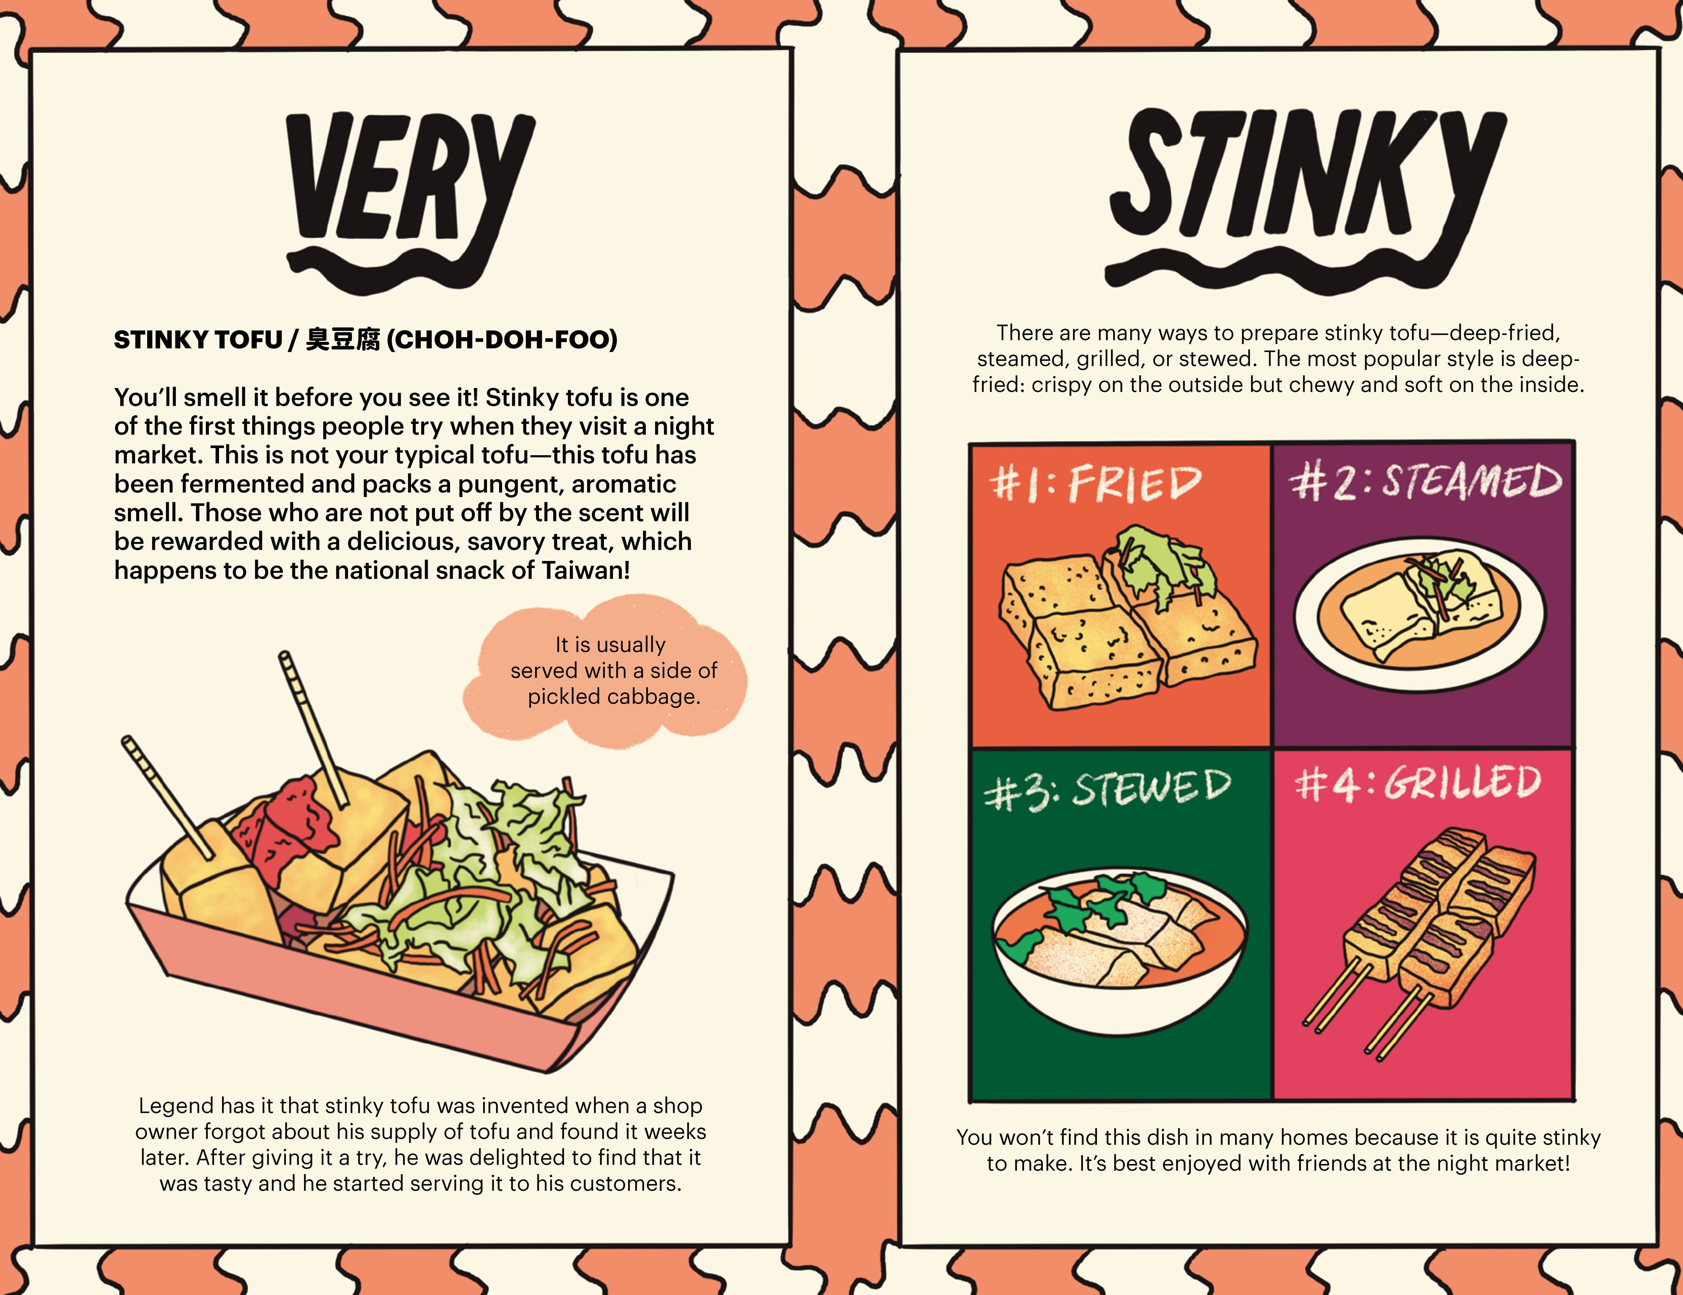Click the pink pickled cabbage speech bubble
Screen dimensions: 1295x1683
tap(609, 670)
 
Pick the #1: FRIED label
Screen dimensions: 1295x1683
tap(1094, 484)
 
